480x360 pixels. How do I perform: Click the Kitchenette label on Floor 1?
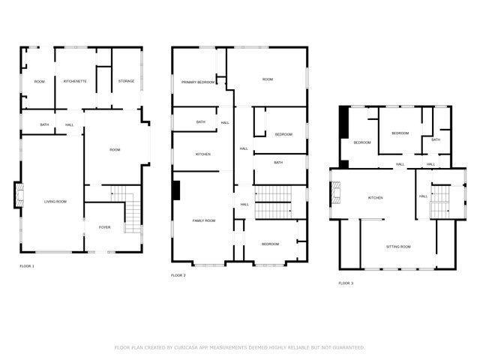pos(75,81)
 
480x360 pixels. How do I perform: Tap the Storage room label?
pos(127,81)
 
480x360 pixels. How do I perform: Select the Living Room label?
pos(55,202)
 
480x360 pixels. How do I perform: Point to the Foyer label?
pos(105,227)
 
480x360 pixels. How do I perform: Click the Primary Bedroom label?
pos(198,82)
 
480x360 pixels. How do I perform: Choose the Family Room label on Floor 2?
pos(204,220)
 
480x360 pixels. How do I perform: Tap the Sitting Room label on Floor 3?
pos(398,247)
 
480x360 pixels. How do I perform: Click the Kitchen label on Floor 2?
pos(203,154)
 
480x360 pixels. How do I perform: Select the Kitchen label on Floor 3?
pos(375,198)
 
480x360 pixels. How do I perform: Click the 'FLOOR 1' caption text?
pos(27,266)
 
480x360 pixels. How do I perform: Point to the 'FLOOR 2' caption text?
pos(178,275)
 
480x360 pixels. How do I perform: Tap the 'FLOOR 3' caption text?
pos(346,283)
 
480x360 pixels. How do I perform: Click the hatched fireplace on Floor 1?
pos(19,195)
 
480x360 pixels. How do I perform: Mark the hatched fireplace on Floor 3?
pos(336,193)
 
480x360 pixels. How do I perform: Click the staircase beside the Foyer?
pos(128,208)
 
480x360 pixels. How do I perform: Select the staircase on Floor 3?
pos(440,202)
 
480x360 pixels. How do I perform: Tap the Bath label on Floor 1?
pos(44,124)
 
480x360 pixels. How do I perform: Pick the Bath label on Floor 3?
pos(436,139)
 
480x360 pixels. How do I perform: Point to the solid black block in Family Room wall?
pos(176,190)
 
